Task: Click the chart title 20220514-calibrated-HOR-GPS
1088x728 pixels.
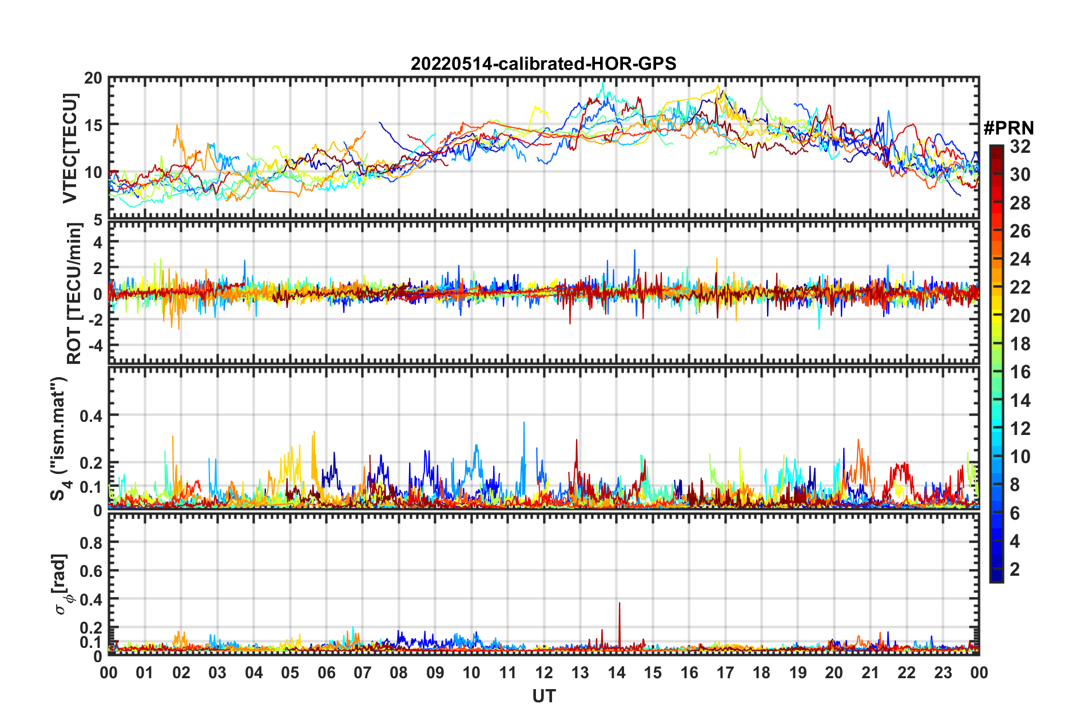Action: pyautogui.click(x=543, y=64)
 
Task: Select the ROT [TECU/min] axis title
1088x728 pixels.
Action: pyautogui.click(x=74, y=294)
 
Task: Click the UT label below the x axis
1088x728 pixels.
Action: pyautogui.click(x=543, y=696)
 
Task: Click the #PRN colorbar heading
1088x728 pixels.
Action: pyautogui.click(x=1008, y=128)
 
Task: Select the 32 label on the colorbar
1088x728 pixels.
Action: pyautogui.click(x=1020, y=147)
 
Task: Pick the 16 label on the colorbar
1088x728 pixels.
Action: pyautogui.click(x=1020, y=372)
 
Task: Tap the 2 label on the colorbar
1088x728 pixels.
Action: pyautogui.click(x=1015, y=569)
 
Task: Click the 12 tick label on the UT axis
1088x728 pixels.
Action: pyautogui.click(x=543, y=672)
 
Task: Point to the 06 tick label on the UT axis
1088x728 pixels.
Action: pyautogui.click(x=326, y=672)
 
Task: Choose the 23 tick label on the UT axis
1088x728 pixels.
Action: pyautogui.click(x=943, y=672)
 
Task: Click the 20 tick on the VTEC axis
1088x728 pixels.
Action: pyautogui.click(x=93, y=78)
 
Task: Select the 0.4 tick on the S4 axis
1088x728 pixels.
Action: pyautogui.click(x=91, y=416)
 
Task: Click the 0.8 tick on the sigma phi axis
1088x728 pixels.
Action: pyautogui.click(x=91, y=542)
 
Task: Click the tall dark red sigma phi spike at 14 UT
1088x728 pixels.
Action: pyautogui.click(x=619, y=604)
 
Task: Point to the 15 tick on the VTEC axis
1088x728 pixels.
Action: pyautogui.click(x=93, y=125)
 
